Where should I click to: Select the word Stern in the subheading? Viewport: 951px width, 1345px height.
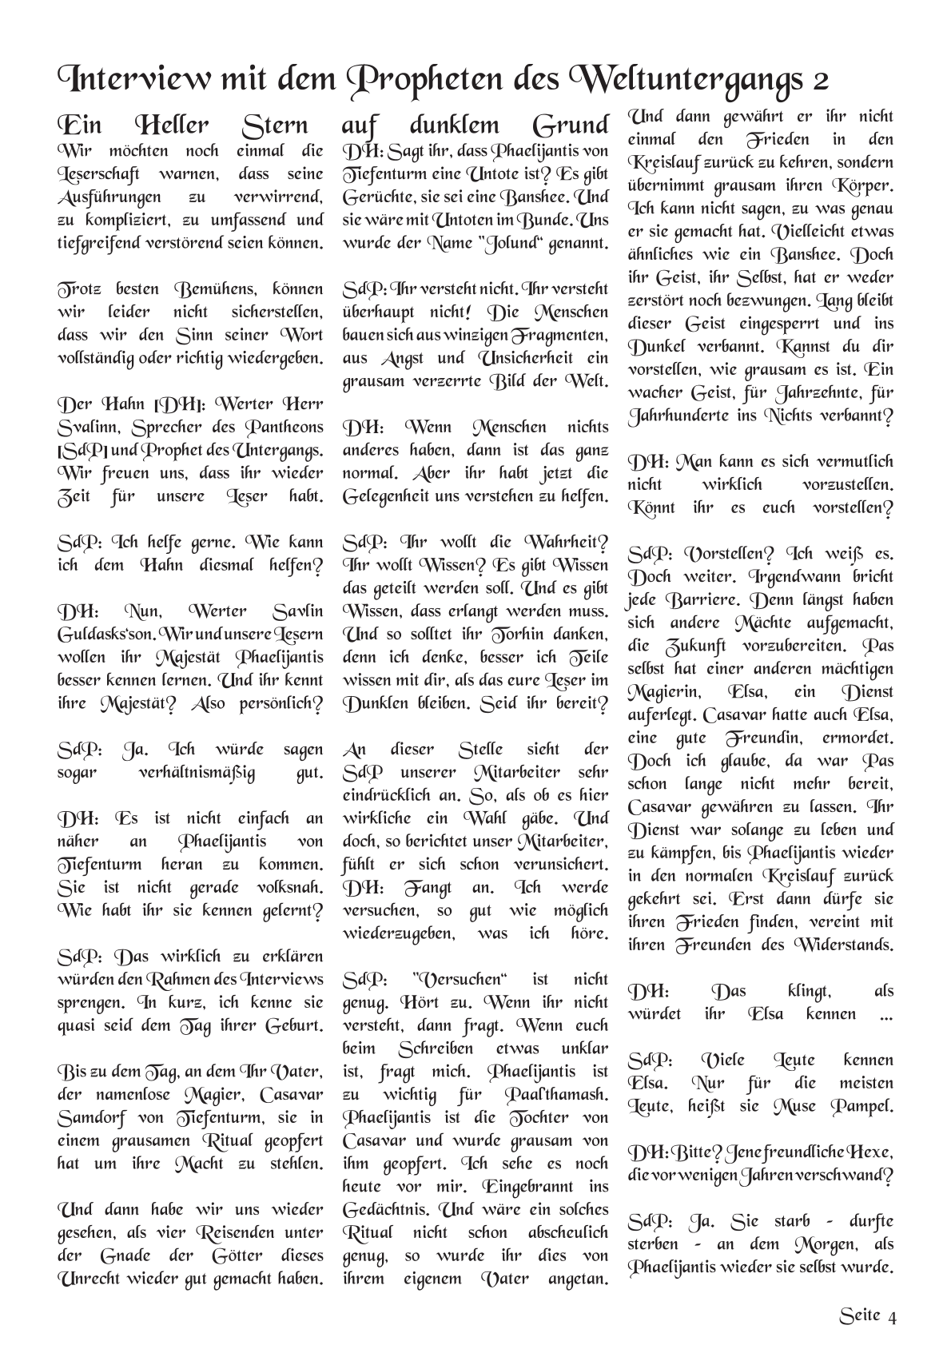pyautogui.click(x=274, y=125)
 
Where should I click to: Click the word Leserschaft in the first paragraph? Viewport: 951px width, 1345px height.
pyautogui.click(x=98, y=173)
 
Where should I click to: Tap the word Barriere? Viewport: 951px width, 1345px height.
pyautogui.click(x=720, y=599)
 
